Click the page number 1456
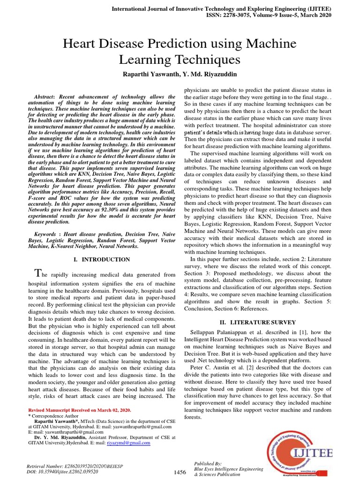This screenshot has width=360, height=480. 180,472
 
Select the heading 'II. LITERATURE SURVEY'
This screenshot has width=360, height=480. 258,322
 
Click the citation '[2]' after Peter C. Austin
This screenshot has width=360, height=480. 251,367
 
